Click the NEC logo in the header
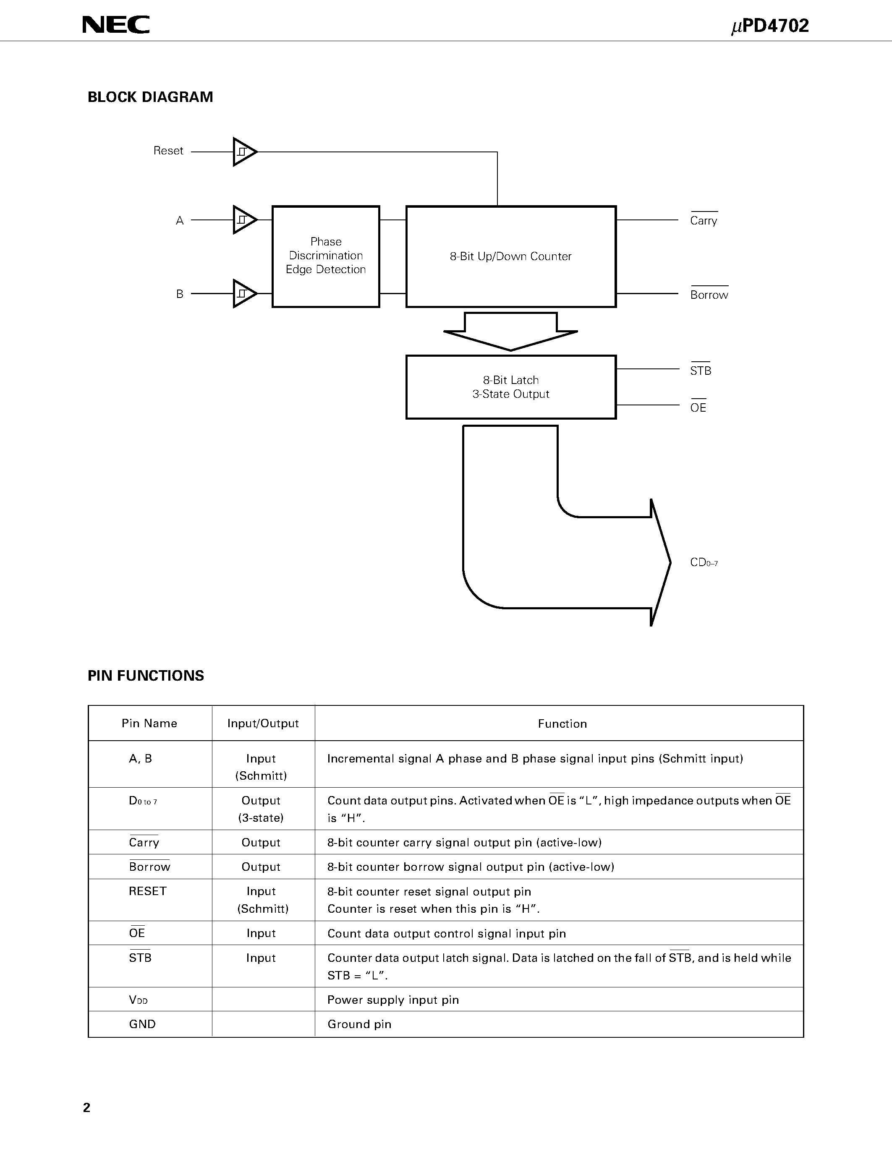[116, 25]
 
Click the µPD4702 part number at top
[770, 26]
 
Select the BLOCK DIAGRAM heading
[150, 97]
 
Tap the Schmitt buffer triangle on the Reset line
[243, 152]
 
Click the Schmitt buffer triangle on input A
[243, 220]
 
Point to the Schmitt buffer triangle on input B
[243, 294]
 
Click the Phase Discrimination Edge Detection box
[325, 256]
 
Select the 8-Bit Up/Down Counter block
[510, 257]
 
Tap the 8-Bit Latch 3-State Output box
[510, 387]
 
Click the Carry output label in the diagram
[704, 221]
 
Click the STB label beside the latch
[700, 371]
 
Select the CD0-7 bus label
[704, 563]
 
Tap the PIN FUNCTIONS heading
[146, 676]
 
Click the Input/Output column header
[263, 723]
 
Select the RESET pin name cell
[147, 891]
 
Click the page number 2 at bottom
[86, 1107]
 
